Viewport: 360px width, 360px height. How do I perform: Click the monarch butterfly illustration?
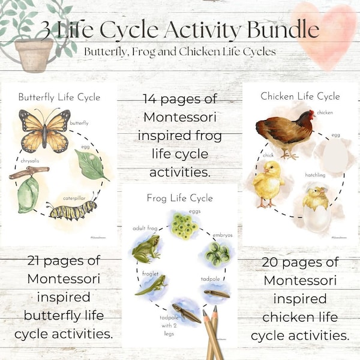[45, 129]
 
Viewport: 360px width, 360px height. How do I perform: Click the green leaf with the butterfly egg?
[91, 164]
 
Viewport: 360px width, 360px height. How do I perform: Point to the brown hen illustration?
[285, 131]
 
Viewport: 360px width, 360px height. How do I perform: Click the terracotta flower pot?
[34, 53]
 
